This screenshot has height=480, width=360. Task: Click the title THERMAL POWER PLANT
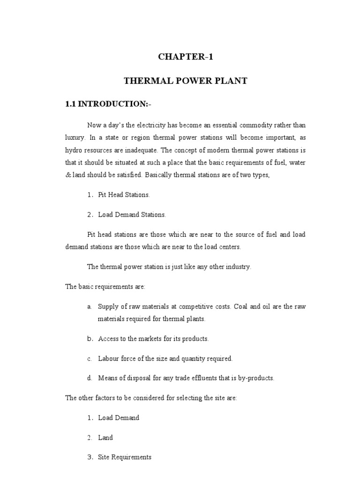[185, 81]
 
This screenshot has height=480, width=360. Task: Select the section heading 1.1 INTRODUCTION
[108, 104]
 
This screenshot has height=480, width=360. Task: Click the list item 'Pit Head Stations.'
[124, 195]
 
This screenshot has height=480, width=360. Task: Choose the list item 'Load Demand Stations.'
[132, 215]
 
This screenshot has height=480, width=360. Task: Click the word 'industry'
[237, 266]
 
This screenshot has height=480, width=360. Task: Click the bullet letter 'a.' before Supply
[89, 307]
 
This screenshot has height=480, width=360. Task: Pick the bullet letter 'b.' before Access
[89, 338]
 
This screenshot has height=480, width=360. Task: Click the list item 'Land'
[105, 437]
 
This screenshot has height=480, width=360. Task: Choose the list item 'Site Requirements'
[125, 457]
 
